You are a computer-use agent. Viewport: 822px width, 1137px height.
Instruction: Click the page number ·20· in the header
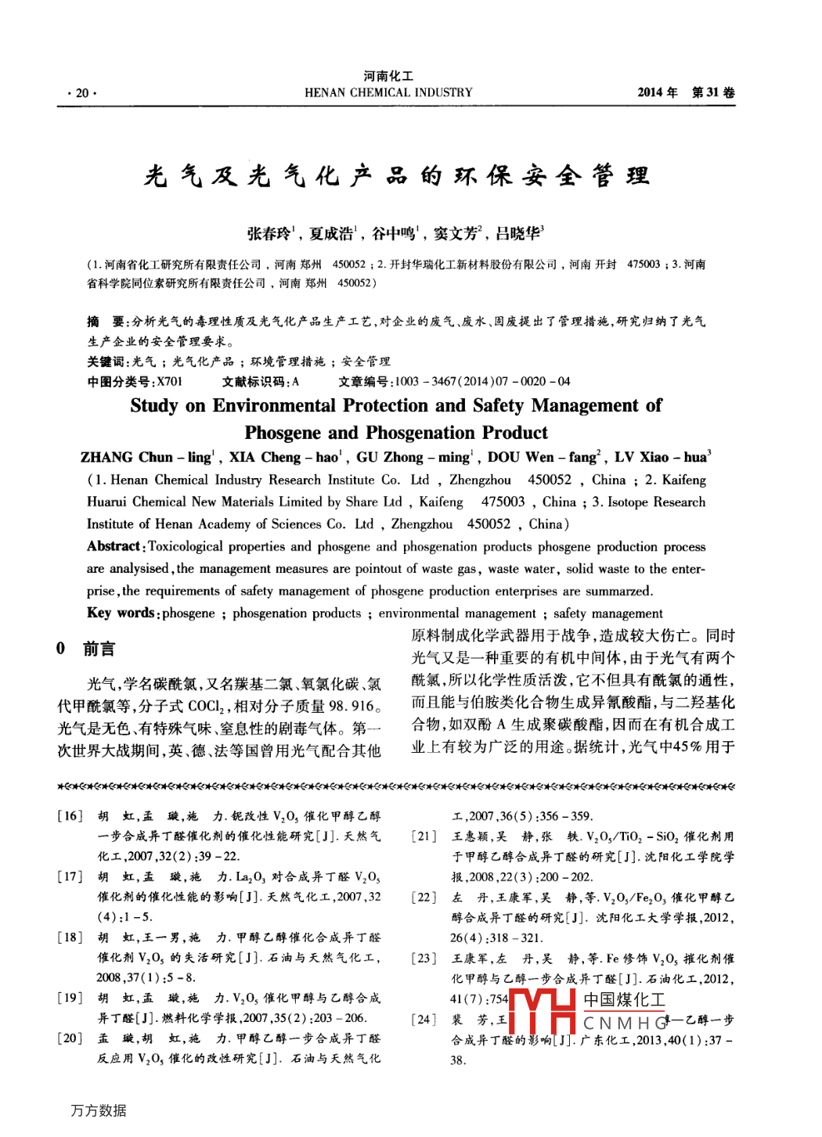81,93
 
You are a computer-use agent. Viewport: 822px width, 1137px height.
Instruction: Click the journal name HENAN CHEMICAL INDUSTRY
388,92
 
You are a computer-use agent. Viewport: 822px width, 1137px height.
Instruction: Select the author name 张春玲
269,233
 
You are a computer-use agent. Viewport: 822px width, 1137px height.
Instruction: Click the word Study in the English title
155,405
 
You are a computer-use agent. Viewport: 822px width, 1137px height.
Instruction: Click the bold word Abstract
114,546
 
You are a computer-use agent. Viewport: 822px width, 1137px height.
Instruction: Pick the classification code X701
170,382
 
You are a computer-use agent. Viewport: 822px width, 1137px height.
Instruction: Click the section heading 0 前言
86,649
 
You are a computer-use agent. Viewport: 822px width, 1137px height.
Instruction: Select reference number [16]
70,816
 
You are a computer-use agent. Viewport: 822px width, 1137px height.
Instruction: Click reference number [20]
70,1038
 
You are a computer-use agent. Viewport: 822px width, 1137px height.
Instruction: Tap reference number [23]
425,959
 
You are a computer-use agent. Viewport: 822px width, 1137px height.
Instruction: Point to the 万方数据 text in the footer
99,1110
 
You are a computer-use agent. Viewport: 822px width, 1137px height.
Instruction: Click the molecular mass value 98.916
352,706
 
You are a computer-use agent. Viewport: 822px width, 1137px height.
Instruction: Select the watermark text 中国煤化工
625,1000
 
